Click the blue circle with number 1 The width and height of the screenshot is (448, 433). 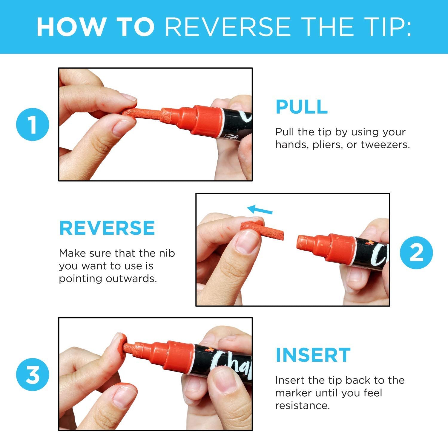pos(33,124)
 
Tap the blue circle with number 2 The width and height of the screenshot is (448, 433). pos(416,252)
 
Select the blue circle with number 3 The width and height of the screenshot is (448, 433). pos(33,374)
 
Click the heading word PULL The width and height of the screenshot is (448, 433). pos(301,106)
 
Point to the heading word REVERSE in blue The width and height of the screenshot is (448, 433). pos(107,228)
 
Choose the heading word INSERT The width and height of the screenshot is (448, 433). pos(313,355)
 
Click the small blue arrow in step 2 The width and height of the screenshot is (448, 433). pos(260,209)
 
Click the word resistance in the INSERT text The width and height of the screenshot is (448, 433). pos(302,406)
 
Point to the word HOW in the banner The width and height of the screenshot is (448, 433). pos(70,27)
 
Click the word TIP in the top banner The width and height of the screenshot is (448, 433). pos(388,27)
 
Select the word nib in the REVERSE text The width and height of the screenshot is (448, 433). pos(168,253)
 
